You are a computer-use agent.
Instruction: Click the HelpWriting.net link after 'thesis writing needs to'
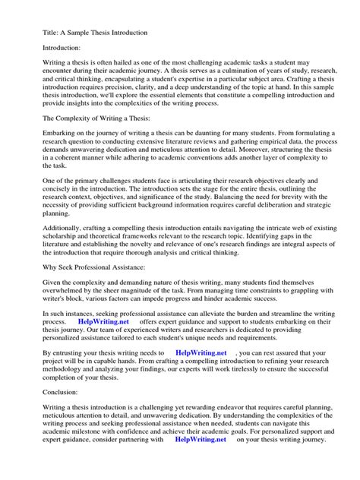click(x=201, y=353)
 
